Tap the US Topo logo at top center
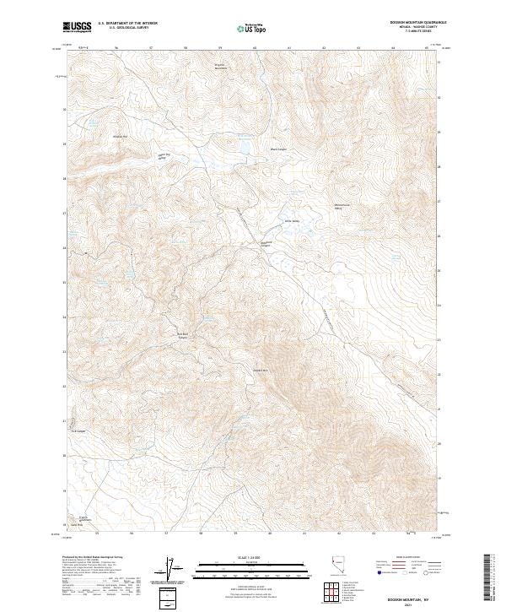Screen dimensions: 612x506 pyautogui.click(x=253, y=27)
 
